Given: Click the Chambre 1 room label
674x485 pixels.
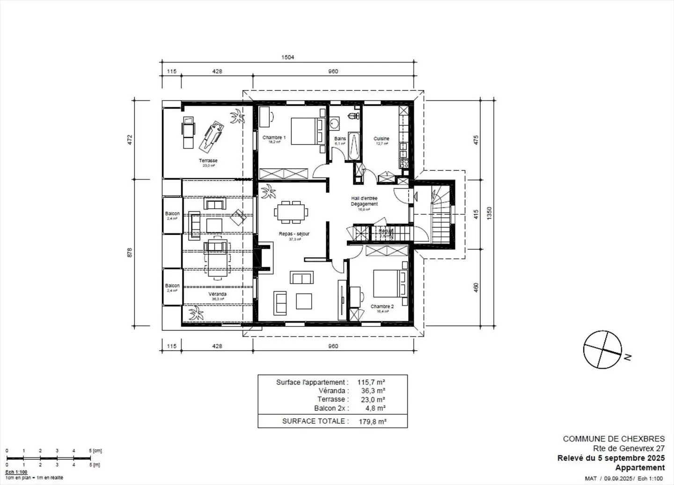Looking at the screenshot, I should [274, 138].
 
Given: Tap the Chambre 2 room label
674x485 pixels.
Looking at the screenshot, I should [382, 306].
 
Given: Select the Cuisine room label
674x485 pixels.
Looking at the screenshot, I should [381, 138].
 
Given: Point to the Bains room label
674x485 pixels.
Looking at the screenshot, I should [340, 138].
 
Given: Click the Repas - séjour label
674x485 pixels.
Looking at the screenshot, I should [294, 234].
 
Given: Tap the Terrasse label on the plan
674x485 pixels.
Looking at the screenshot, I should [208, 160].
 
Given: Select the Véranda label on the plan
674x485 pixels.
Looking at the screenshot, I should [217, 294].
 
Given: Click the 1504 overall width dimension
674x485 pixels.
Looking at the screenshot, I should [287, 58].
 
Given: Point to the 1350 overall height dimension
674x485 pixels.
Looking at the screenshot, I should [490, 213].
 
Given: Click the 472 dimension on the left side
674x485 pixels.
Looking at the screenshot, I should [130, 139].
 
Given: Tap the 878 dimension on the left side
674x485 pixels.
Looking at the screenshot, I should [130, 252].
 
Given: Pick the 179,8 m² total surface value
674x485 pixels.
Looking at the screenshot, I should [372, 421].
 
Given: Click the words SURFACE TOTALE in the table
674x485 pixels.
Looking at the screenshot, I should [315, 421].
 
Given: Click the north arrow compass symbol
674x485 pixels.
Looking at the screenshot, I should [603, 350].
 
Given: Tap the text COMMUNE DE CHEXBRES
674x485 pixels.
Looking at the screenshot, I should [613, 439].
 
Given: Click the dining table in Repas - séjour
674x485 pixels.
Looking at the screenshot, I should [291, 211].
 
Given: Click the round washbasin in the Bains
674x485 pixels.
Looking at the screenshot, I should [334, 123].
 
